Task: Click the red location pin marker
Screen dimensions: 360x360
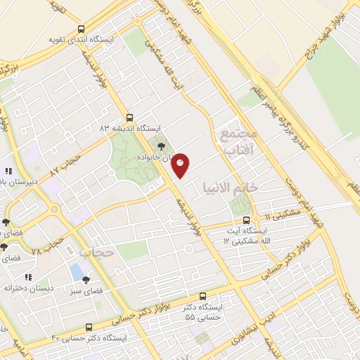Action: [181, 165]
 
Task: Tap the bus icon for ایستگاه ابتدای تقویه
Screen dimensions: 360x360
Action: [81, 30]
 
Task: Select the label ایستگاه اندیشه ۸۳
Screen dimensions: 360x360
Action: [130, 128]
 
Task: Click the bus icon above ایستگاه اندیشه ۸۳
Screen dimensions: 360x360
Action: [129, 117]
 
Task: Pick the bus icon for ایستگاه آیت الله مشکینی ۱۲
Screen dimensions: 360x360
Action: [245, 221]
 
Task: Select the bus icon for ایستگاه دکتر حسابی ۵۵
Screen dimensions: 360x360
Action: [203, 297]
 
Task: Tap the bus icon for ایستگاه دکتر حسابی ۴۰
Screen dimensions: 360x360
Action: [89, 327]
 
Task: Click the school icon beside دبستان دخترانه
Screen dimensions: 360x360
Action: [29, 278]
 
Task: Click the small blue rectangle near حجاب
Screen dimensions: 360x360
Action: [76, 271]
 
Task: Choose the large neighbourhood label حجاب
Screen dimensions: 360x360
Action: [96, 250]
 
